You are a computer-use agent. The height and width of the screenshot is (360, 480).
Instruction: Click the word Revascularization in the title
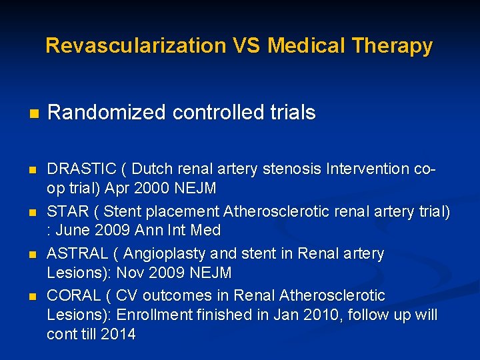pyautogui.click(x=135, y=46)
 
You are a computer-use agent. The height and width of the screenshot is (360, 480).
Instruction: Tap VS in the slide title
pyautogui.click(x=247, y=46)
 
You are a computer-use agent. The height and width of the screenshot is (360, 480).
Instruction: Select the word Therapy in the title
pyautogui.click(x=394, y=46)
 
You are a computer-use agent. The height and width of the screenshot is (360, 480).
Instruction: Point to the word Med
pyautogui.click(x=207, y=231)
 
